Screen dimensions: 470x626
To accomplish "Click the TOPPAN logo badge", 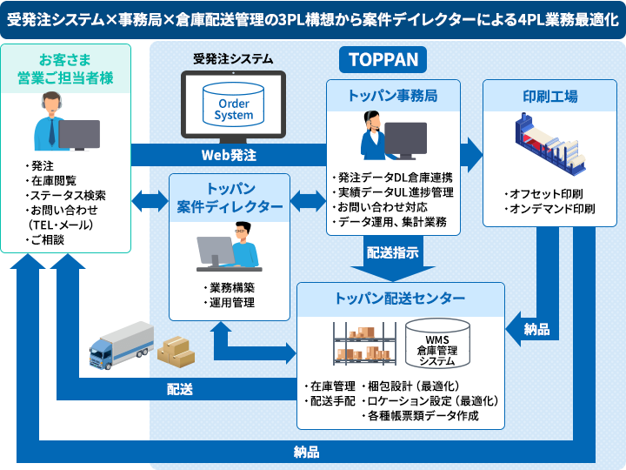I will [383, 59].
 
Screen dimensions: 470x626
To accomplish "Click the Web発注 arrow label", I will [230, 155].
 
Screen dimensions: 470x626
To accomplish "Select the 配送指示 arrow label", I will [392, 253].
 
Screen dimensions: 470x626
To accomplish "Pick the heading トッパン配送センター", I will [400, 299].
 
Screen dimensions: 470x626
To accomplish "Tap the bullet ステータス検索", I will [68, 195].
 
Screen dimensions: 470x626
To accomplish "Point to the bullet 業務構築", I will [229, 288].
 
